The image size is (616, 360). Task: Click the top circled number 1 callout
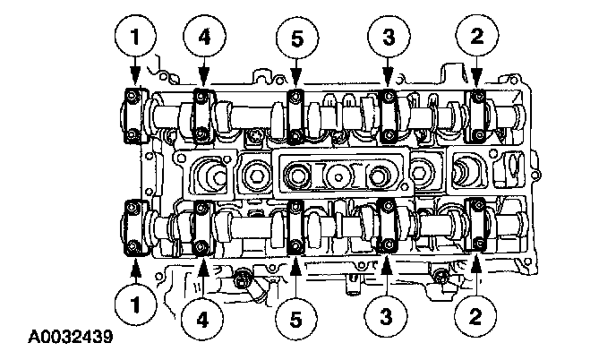(x=135, y=37)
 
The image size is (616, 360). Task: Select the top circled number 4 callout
(x=204, y=37)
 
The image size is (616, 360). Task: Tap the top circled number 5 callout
(x=297, y=39)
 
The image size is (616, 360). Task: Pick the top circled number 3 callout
(x=389, y=37)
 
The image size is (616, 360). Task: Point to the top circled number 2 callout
(x=477, y=36)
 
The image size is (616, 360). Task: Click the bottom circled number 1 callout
(x=135, y=304)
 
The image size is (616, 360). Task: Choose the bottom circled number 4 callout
(x=202, y=319)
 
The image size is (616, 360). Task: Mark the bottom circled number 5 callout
(x=295, y=319)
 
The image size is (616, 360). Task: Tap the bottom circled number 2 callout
(x=475, y=316)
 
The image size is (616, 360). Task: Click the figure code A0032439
(x=71, y=337)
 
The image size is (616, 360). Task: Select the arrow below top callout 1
(x=135, y=72)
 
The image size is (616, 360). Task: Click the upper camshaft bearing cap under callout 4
(x=203, y=116)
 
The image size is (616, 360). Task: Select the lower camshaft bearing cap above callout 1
(x=135, y=227)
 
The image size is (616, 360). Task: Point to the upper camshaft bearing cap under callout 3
(x=389, y=116)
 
